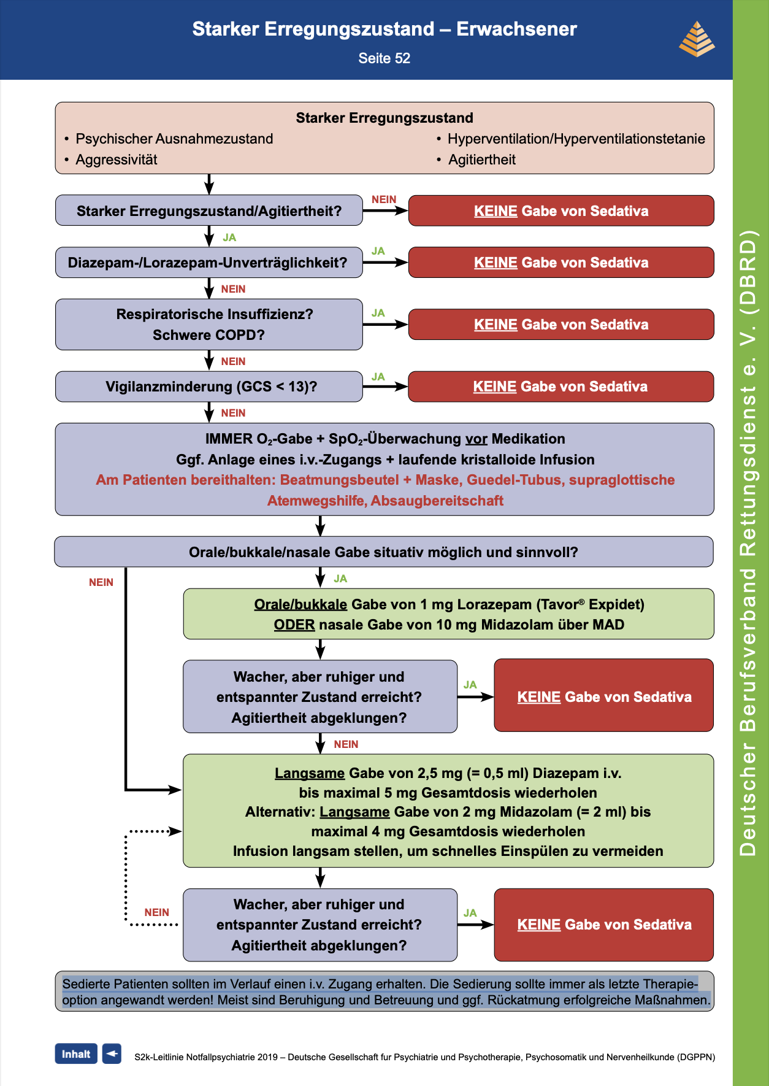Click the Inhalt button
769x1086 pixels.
(76, 1053)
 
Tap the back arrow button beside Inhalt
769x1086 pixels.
(112, 1053)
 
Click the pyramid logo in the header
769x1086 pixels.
(697, 39)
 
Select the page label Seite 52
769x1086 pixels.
(384, 58)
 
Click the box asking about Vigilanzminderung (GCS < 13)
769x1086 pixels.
(209, 387)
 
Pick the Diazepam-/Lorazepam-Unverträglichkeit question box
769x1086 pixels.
(209, 263)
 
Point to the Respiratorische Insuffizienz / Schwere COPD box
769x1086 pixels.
(209, 325)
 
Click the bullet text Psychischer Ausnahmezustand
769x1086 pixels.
(174, 139)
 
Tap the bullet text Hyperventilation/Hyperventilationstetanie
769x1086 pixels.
(576, 139)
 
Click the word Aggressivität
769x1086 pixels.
(117, 160)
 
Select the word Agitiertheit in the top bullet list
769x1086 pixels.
(482, 160)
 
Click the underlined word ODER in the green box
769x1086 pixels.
(294, 625)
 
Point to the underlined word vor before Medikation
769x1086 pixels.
(476, 439)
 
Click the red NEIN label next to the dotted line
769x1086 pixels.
(157, 912)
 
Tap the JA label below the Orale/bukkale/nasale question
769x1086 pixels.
(340, 579)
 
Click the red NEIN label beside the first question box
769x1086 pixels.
(384, 199)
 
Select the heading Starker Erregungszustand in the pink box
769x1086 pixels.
(384, 118)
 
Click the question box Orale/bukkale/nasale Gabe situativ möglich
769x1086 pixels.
(384, 552)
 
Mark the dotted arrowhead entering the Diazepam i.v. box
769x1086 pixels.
(176, 831)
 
